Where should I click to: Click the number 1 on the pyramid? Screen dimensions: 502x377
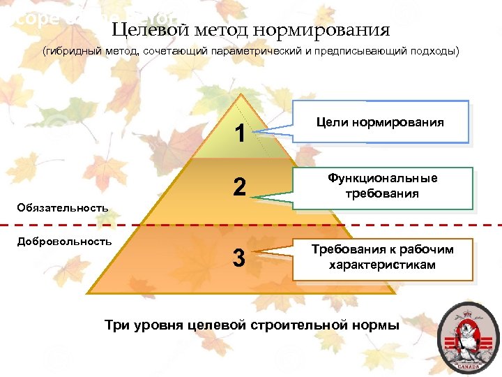point(240,133)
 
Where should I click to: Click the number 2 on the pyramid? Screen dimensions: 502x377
point(240,187)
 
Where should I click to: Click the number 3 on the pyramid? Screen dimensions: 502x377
point(239,258)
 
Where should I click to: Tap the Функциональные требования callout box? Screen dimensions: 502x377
point(383,187)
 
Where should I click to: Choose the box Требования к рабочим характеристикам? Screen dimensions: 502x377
point(382,258)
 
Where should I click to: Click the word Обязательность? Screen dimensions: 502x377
point(63,207)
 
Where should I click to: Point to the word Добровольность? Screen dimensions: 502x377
point(63,241)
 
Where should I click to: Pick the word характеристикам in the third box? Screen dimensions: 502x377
point(382,265)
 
